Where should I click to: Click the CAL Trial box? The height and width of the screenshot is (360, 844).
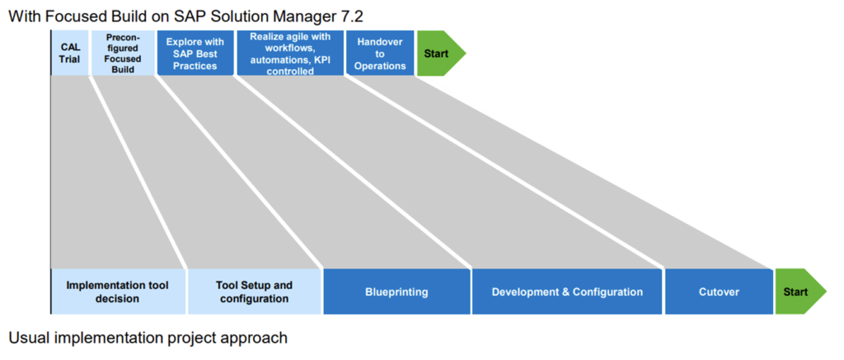click(70, 54)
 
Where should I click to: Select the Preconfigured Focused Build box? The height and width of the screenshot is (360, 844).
click(123, 54)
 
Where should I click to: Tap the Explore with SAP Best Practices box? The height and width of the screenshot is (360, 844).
click(195, 54)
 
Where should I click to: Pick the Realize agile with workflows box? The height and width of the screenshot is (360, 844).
click(290, 54)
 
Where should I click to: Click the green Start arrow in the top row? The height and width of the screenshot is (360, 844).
click(438, 54)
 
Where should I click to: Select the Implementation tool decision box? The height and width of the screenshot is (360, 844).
click(118, 292)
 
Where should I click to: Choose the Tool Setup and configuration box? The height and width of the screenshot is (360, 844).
click(254, 292)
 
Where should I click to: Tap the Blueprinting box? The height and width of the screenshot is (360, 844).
click(396, 292)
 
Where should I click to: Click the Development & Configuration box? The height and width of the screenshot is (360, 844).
click(567, 292)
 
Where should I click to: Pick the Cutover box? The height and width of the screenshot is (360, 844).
click(717, 292)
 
